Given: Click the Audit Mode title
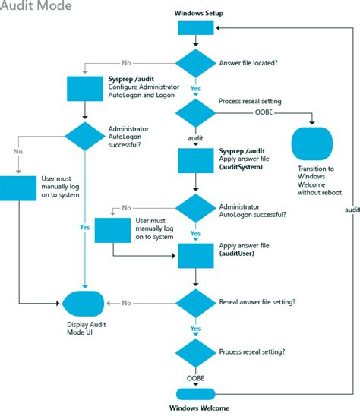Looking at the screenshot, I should (36, 7).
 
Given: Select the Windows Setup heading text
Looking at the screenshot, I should (198, 14).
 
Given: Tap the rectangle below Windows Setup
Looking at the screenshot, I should (196, 29).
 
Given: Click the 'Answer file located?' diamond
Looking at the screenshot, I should (196, 64).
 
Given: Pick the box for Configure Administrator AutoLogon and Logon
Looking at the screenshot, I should (85, 88).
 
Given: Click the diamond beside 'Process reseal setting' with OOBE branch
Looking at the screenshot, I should (196, 114).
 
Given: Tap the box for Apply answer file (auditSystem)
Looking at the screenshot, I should (196, 160).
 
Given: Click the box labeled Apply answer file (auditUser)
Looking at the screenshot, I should (196, 255).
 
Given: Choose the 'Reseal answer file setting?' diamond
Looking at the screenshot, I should (196, 302).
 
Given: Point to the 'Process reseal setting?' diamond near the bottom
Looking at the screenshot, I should (196, 351).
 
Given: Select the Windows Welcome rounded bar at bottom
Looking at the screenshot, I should (196, 393).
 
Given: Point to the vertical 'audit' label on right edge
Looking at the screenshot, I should (352, 208).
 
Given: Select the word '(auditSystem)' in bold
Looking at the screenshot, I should (241, 166).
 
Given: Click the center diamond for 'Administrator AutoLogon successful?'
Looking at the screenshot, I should (196, 208).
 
